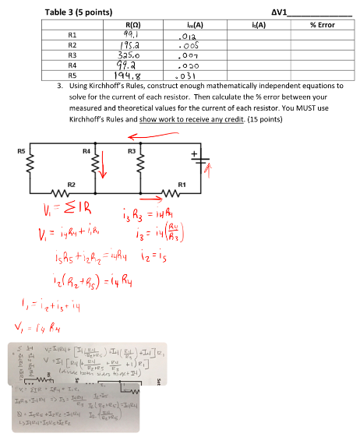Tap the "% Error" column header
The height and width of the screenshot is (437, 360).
click(321, 26)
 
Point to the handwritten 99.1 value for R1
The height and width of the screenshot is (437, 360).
click(129, 35)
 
